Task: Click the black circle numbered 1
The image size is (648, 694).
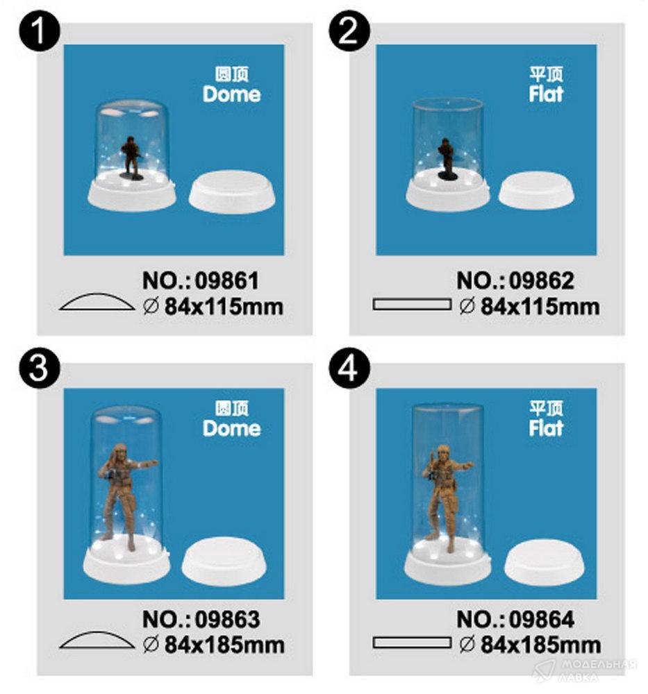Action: click(x=40, y=31)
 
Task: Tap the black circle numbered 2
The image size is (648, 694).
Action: click(x=349, y=31)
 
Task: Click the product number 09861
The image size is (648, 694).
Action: click(x=227, y=280)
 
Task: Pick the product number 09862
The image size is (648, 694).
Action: click(x=541, y=280)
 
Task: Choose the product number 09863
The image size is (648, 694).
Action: click(x=227, y=619)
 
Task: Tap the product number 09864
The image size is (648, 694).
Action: click(x=542, y=619)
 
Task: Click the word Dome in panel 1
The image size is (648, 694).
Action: click(x=232, y=94)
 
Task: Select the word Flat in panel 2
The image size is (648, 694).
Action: click(x=546, y=94)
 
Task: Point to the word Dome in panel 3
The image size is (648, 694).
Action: click(x=232, y=428)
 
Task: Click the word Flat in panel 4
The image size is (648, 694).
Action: click(x=546, y=428)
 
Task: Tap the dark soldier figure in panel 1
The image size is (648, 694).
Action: click(x=131, y=158)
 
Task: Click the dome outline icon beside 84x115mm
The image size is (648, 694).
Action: click(x=97, y=301)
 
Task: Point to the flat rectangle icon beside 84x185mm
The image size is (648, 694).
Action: click(x=411, y=643)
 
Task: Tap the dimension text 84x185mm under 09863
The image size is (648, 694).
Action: click(x=224, y=645)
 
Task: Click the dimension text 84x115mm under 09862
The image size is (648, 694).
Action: click(x=540, y=307)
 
